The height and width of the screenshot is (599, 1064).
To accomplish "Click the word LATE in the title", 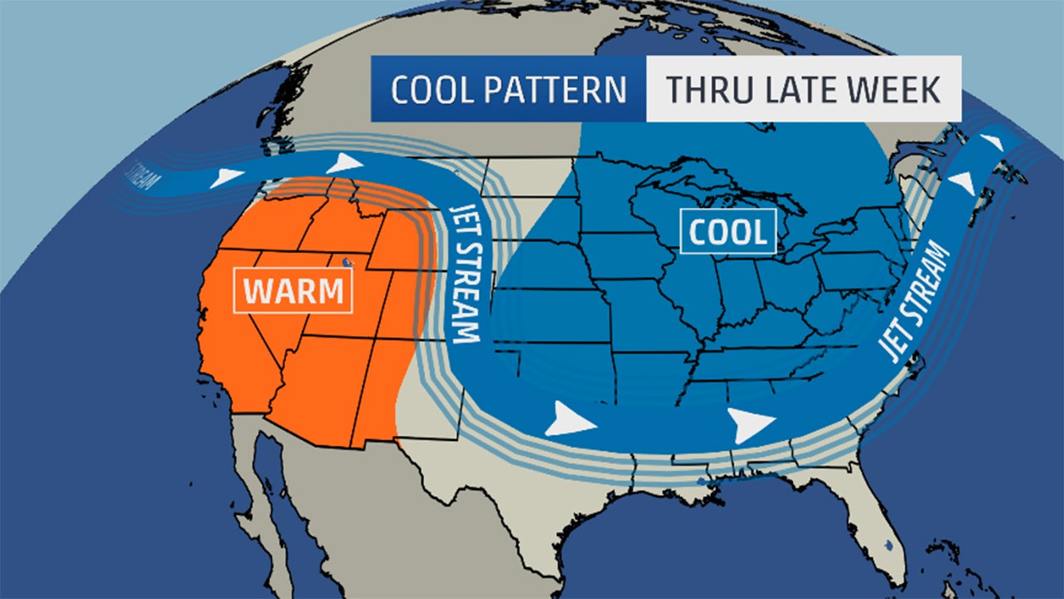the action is pos(804,89).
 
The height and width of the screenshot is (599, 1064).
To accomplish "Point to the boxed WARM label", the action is pos(293,290).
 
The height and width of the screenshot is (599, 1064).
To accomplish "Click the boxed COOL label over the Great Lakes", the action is pos(727,231).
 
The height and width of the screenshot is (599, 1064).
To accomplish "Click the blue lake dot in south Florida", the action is pos(889,547).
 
